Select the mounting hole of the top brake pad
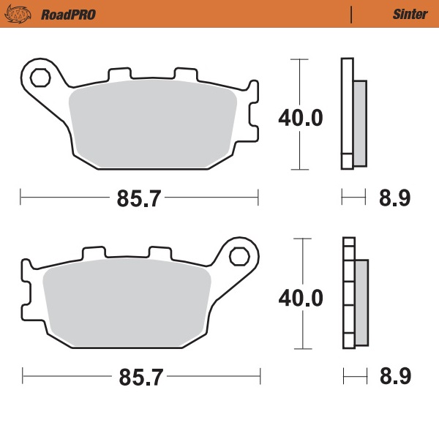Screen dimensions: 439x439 pyautogui.click(x=40, y=75)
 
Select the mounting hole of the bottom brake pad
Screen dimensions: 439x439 pyautogui.click(x=239, y=255)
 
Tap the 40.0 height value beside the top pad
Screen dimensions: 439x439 pyautogui.click(x=300, y=117)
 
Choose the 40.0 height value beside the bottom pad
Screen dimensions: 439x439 pyautogui.click(x=300, y=298)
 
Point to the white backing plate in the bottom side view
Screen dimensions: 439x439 pyautogui.click(x=348, y=293)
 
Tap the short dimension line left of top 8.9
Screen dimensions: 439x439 pyautogui.click(x=353, y=197)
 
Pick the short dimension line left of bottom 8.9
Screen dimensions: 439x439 pyautogui.click(x=355, y=377)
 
